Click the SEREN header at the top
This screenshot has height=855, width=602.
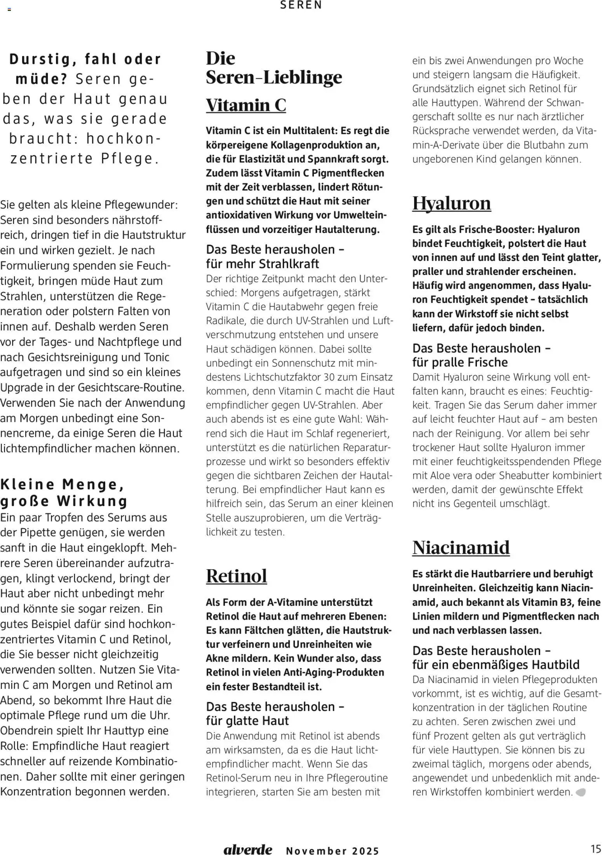(301, 5)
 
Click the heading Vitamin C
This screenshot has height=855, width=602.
(246, 105)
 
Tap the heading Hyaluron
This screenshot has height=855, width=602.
(451, 203)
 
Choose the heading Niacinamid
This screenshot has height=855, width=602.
(461, 547)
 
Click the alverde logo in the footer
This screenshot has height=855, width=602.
(248, 849)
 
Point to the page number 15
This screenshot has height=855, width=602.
(595, 848)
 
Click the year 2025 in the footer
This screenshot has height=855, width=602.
(365, 851)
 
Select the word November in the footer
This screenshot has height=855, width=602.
(316, 851)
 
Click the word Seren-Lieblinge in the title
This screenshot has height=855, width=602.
(274, 77)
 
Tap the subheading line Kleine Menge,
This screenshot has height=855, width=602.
(62, 484)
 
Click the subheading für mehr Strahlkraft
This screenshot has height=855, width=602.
(262, 264)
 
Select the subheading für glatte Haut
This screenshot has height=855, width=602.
(247, 721)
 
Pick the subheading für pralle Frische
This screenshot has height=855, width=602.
(460, 362)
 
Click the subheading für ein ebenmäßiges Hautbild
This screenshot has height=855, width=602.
(496, 664)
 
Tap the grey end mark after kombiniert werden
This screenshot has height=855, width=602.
(581, 792)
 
